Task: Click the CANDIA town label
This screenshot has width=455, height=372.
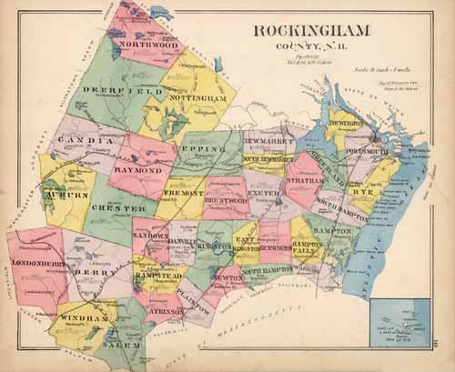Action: coord(86,141)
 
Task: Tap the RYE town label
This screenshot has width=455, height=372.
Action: coord(364,191)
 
